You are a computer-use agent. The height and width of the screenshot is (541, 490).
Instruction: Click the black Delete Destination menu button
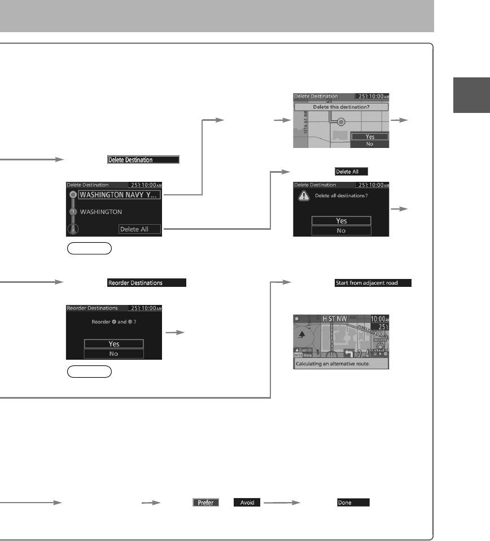pos(143,160)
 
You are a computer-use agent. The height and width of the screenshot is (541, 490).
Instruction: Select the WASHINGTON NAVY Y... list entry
pos(120,195)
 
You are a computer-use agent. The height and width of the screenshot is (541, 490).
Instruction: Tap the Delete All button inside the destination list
pos(139,229)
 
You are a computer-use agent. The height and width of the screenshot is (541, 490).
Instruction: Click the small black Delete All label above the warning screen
pos(351,171)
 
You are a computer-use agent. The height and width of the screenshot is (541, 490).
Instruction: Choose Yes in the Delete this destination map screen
pos(370,137)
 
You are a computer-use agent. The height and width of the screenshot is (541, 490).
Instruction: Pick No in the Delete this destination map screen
pos(370,144)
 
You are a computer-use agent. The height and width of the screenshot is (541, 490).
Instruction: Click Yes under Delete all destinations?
pos(341,221)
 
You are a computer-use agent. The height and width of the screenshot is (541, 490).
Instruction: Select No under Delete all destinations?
pos(341,230)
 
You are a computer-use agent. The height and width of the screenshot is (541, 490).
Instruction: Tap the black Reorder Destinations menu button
pos(147,283)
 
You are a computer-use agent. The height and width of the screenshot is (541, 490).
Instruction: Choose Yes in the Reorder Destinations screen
pos(113,344)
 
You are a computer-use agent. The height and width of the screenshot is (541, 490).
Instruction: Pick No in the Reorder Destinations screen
pos(113,354)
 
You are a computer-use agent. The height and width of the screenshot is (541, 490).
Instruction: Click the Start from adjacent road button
pos(373,283)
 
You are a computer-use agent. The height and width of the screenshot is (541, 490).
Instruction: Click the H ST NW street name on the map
pos(336,319)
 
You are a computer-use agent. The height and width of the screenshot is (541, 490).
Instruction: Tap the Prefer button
pos(205,502)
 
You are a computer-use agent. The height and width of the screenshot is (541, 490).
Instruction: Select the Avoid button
pos(247,502)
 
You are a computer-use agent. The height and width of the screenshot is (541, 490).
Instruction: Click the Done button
pos(353,502)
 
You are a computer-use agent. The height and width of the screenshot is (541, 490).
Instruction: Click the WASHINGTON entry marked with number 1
pos(102,212)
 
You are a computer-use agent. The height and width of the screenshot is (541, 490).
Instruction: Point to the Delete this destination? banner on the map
pos(341,106)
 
